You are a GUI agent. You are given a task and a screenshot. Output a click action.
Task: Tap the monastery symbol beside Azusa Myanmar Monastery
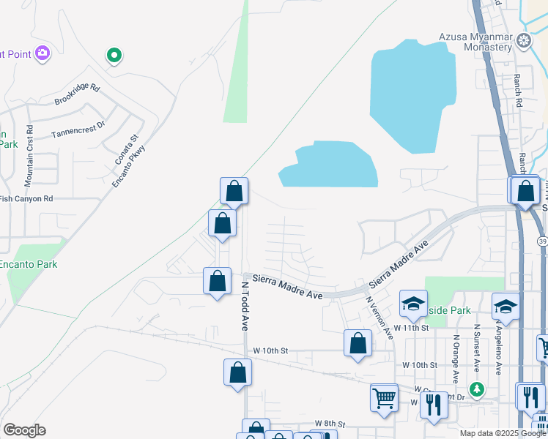pyautogui.click(x=525, y=40)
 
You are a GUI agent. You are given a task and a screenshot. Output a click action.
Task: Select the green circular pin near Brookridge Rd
pyautogui.click(x=114, y=55)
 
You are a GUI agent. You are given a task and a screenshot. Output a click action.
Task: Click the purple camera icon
pyautogui.click(x=42, y=52)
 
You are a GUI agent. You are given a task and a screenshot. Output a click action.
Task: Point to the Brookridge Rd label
pyautogui.click(x=77, y=94)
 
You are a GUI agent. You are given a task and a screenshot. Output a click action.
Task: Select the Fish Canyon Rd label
pyautogui.click(x=26, y=198)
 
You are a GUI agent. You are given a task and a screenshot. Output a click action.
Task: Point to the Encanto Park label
pyautogui.click(x=29, y=264)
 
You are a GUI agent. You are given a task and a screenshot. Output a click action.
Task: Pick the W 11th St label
pyautogui.click(x=410, y=327)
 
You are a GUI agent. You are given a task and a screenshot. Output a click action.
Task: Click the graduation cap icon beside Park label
pyautogui.click(x=413, y=304)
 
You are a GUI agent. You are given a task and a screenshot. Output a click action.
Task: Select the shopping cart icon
pyautogui.click(x=384, y=398)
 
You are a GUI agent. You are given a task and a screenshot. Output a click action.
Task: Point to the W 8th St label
pyautogui.click(x=330, y=424)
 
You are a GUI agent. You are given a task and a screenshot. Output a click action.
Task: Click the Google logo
pyautogui.click(x=24, y=430)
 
